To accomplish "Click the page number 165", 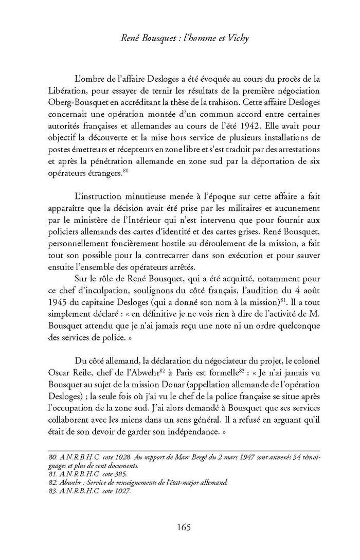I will [184, 527].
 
